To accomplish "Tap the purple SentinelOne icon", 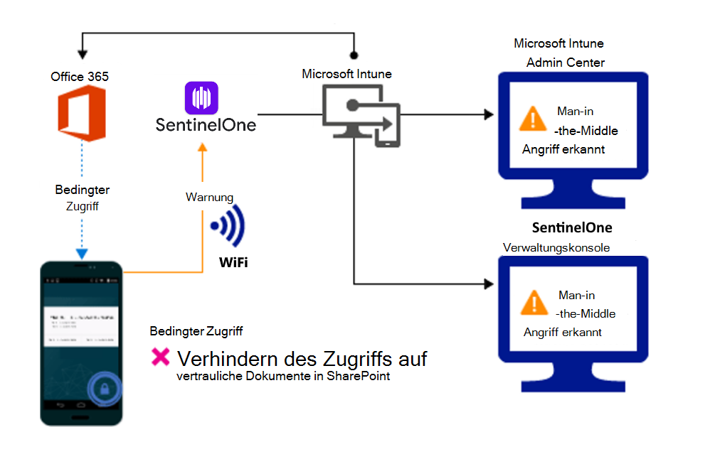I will tap(201, 98).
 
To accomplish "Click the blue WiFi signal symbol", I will tap(229, 227).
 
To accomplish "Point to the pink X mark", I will tap(161, 357).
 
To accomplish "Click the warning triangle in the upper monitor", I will tap(533, 119).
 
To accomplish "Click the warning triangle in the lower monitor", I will tap(534, 301).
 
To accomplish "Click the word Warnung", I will tap(209, 197).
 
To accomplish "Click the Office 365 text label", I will tap(80, 76).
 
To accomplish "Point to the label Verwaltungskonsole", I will tap(556, 247).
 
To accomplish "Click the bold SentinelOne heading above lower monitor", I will tap(572, 228).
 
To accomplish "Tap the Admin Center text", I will tap(565, 63).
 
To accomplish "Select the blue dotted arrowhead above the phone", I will tap(83, 254).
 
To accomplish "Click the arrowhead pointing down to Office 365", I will tap(83, 54).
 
